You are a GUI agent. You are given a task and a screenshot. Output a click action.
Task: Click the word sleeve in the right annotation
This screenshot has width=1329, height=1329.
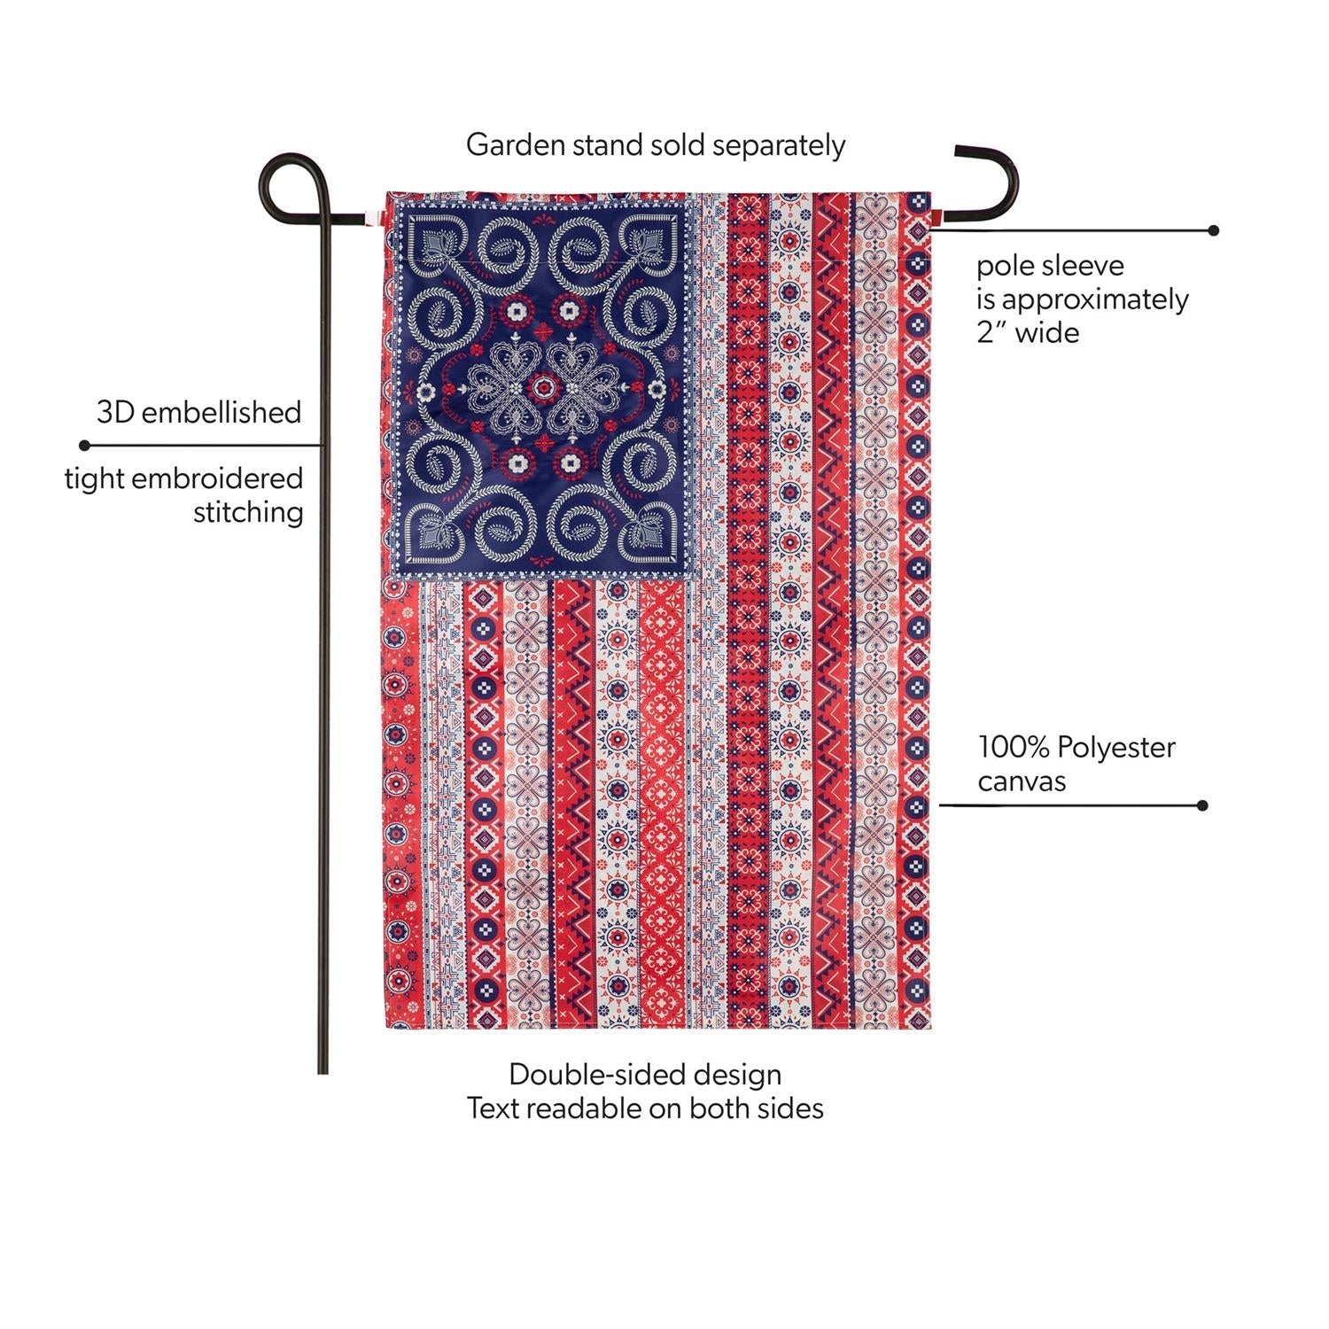click(1080, 265)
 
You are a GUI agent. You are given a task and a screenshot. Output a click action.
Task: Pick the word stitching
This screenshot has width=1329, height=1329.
click(248, 512)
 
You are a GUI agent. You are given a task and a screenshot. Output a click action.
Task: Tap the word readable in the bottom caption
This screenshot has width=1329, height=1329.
click(586, 1107)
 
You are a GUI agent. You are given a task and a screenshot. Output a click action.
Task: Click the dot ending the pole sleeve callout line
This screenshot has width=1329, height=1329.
click(1214, 230)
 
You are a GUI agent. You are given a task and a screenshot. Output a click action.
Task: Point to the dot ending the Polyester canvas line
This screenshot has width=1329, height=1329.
click(1202, 805)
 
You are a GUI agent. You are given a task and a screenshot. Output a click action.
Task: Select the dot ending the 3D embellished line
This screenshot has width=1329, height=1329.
click(84, 445)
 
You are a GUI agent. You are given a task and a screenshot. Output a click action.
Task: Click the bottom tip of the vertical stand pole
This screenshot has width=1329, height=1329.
click(323, 1073)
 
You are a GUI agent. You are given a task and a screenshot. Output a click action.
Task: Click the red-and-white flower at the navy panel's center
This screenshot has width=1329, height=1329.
click(541, 387)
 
